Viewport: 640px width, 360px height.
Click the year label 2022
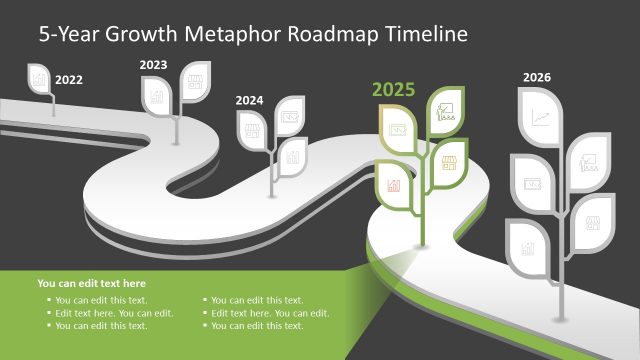point(69,79)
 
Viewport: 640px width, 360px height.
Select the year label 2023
point(153,65)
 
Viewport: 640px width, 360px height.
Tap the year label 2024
point(250,100)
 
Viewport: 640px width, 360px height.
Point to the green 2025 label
point(393,90)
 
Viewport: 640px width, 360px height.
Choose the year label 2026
point(536,77)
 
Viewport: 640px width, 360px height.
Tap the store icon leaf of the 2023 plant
point(193,77)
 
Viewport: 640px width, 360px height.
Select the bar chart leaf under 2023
point(156,96)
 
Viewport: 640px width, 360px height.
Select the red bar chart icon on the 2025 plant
point(394,185)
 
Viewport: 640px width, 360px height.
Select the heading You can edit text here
point(91,284)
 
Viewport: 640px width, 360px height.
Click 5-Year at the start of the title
point(68,34)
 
